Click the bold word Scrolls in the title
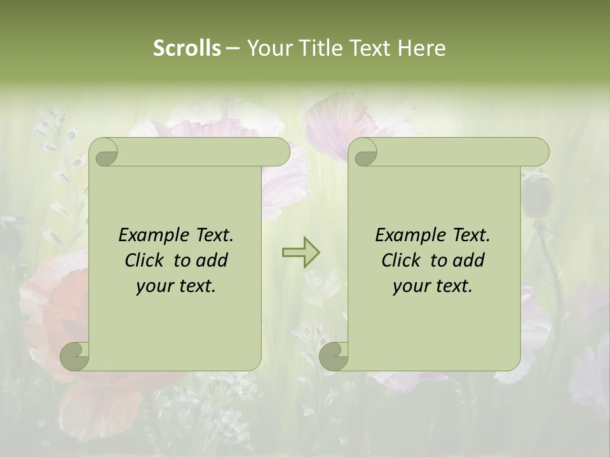(187, 48)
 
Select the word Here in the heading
(421, 48)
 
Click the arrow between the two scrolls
(301, 252)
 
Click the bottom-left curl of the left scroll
(75, 355)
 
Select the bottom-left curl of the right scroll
(334, 355)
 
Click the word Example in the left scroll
(154, 235)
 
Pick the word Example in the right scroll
(410, 235)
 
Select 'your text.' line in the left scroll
(176, 286)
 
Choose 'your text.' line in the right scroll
(433, 286)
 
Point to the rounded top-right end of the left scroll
(280, 152)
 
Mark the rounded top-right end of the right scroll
(539, 152)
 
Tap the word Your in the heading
(268, 48)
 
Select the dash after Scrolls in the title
(233, 49)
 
